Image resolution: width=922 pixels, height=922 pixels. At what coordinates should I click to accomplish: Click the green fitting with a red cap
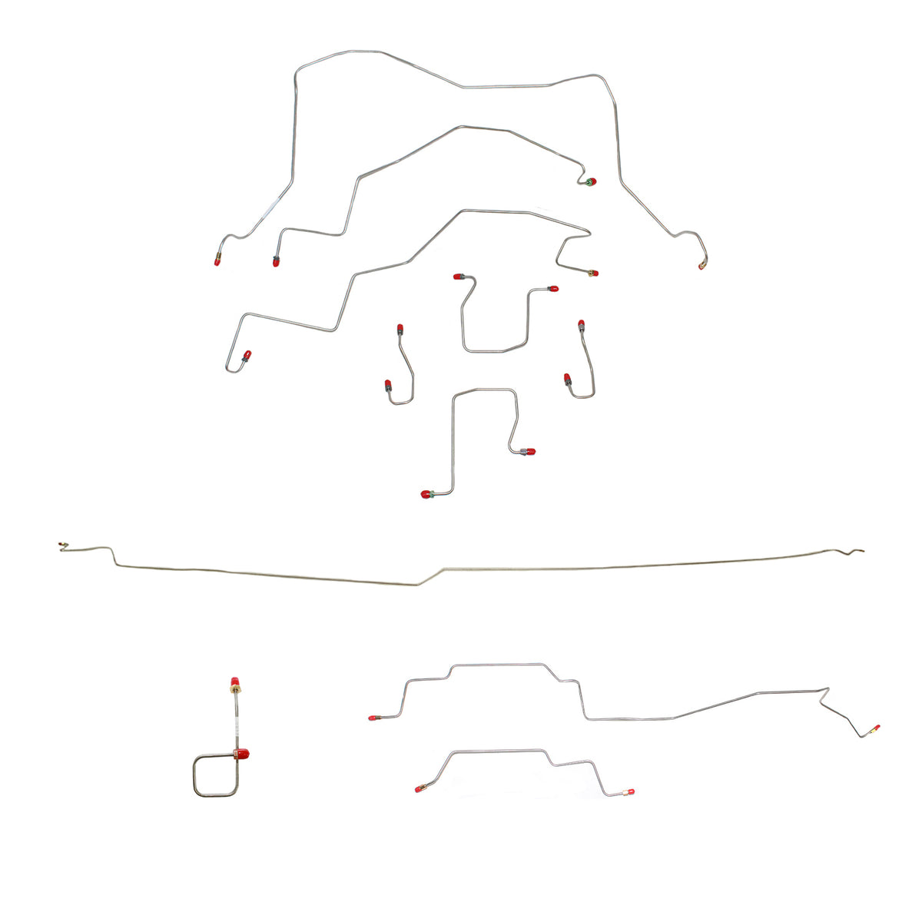pyautogui.click(x=590, y=182)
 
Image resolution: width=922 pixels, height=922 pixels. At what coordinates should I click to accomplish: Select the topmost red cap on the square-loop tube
pyautogui.click(x=234, y=682)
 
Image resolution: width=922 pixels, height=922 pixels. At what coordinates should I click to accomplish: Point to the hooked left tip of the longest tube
pyautogui.click(x=61, y=546)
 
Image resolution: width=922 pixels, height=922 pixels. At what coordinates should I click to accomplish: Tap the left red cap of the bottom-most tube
pyautogui.click(x=419, y=788)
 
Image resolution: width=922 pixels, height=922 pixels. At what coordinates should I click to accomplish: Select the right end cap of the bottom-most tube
pyautogui.click(x=630, y=791)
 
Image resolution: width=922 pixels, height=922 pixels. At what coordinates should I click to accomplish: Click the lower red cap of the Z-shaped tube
pyautogui.click(x=426, y=494)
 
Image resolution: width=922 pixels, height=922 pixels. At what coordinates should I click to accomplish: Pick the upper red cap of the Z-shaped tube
pyautogui.click(x=529, y=451)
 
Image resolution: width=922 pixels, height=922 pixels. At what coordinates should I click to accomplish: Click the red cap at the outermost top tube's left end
pyautogui.click(x=218, y=260)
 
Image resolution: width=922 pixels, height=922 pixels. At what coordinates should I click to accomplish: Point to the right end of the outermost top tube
pyautogui.click(x=701, y=266)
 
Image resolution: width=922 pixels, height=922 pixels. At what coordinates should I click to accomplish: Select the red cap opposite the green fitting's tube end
pyautogui.click(x=275, y=261)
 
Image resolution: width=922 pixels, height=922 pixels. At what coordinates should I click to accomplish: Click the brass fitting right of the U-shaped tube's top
pyautogui.click(x=592, y=273)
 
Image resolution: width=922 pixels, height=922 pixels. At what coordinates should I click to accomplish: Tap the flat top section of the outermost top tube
pyautogui.click(x=507, y=87)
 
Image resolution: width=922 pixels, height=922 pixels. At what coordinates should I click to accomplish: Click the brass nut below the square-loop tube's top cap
pyautogui.click(x=234, y=694)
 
